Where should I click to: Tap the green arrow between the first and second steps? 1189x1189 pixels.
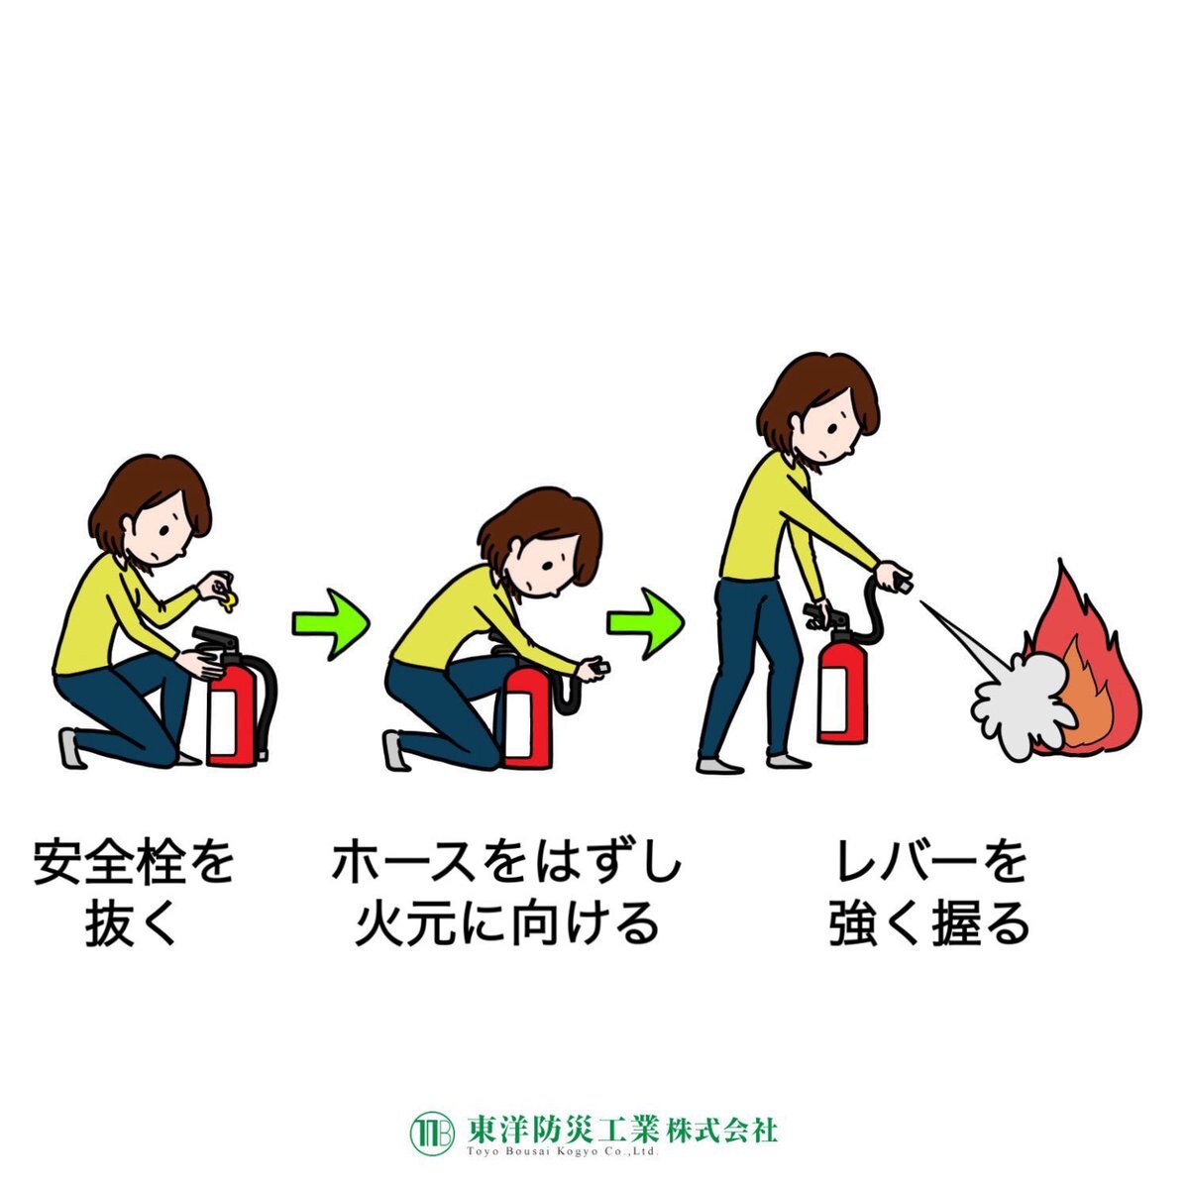click(x=330, y=624)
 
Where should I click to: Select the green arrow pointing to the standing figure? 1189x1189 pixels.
click(x=645, y=623)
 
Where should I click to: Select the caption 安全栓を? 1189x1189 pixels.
click(x=134, y=860)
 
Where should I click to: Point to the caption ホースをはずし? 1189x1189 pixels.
click(x=506, y=861)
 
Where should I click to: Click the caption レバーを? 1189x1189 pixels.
click(x=930, y=860)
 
